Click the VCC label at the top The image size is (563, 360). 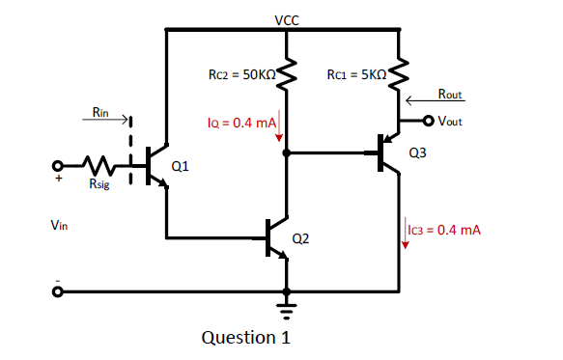pyautogui.click(x=286, y=18)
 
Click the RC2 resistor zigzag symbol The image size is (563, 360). pyautogui.click(x=286, y=73)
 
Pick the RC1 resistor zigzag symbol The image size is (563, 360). pyautogui.click(x=397, y=73)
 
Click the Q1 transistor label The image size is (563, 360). pyautogui.click(x=180, y=166)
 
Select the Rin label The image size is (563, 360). pyautogui.click(x=101, y=113)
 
